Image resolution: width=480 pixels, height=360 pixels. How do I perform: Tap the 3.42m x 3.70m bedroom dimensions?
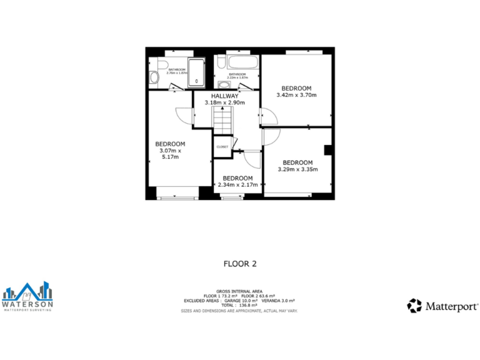[296, 95]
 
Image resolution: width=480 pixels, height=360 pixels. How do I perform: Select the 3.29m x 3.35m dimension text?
[297, 169]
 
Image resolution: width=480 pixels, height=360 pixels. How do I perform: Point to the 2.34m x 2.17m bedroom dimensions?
[237, 184]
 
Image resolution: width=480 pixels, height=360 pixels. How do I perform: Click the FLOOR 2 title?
[240, 264]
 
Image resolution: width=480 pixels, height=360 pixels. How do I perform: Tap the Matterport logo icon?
[414, 306]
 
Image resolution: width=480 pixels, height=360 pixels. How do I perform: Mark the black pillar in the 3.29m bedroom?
[327, 150]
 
